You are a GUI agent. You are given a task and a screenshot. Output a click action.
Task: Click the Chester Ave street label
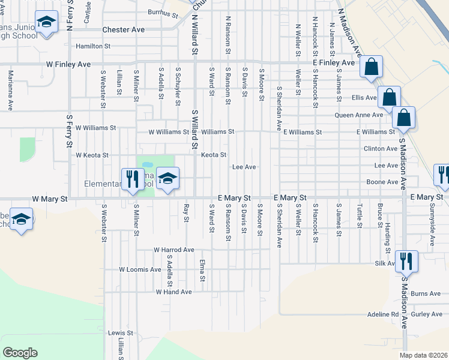124,29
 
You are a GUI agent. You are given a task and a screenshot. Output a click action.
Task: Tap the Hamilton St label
93,46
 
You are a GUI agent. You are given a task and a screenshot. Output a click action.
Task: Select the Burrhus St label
164,12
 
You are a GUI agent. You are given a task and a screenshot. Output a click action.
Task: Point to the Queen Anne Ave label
358,115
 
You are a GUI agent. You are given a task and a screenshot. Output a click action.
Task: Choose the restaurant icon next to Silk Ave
407,262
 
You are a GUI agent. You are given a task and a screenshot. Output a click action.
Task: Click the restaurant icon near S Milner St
131,179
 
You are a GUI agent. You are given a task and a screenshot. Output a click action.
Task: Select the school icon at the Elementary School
169,179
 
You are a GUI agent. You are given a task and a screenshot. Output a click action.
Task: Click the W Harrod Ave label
174,250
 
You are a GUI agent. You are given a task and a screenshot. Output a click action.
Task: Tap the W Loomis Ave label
140,269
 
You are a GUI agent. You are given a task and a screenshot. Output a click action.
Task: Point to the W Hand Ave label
173,292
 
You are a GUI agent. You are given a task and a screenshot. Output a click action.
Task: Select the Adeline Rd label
383,314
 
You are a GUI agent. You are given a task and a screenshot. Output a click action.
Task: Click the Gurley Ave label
427,314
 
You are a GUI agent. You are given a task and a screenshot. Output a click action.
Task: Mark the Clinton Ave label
380,148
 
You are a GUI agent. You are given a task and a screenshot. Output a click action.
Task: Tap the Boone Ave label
382,182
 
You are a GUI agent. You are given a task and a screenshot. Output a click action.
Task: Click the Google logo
20,353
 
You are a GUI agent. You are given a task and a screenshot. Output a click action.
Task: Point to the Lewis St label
120,332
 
